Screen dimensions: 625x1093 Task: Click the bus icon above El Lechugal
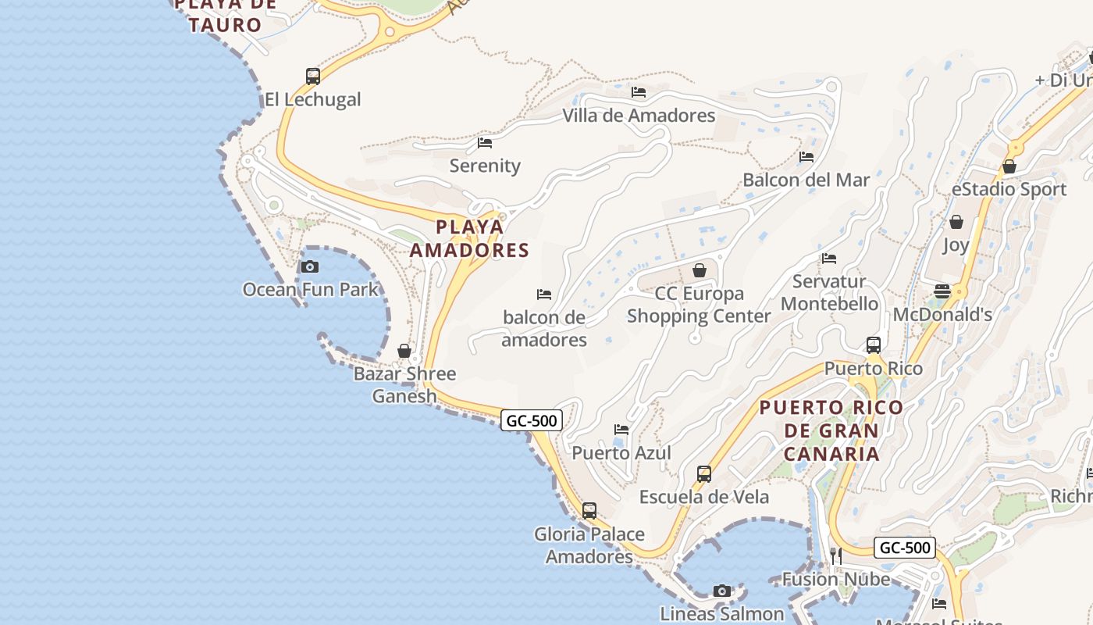313,77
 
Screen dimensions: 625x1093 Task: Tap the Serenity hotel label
485,166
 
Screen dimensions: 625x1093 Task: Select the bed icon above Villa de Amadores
639,92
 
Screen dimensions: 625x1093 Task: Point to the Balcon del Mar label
806,180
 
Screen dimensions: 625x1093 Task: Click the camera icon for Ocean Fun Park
310,267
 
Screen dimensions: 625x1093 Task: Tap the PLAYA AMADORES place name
470,238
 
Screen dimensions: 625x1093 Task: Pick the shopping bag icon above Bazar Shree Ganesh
404,352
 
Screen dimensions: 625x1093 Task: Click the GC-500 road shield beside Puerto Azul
532,421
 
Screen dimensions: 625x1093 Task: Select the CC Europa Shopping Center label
699,305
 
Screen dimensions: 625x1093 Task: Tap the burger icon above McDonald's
942,291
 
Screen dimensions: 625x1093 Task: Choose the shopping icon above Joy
956,223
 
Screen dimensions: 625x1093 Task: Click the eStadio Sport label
1009,189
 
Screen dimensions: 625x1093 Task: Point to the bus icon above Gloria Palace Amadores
589,511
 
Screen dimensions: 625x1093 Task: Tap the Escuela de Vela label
703,497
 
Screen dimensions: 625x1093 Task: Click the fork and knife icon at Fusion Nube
835,555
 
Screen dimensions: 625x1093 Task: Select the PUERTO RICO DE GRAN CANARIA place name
831,430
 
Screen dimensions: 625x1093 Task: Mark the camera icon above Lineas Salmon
722,591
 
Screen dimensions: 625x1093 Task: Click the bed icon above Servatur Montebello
829,259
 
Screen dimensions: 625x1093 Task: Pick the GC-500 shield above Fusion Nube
905,548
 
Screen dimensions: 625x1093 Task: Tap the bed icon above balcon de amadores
544,295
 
